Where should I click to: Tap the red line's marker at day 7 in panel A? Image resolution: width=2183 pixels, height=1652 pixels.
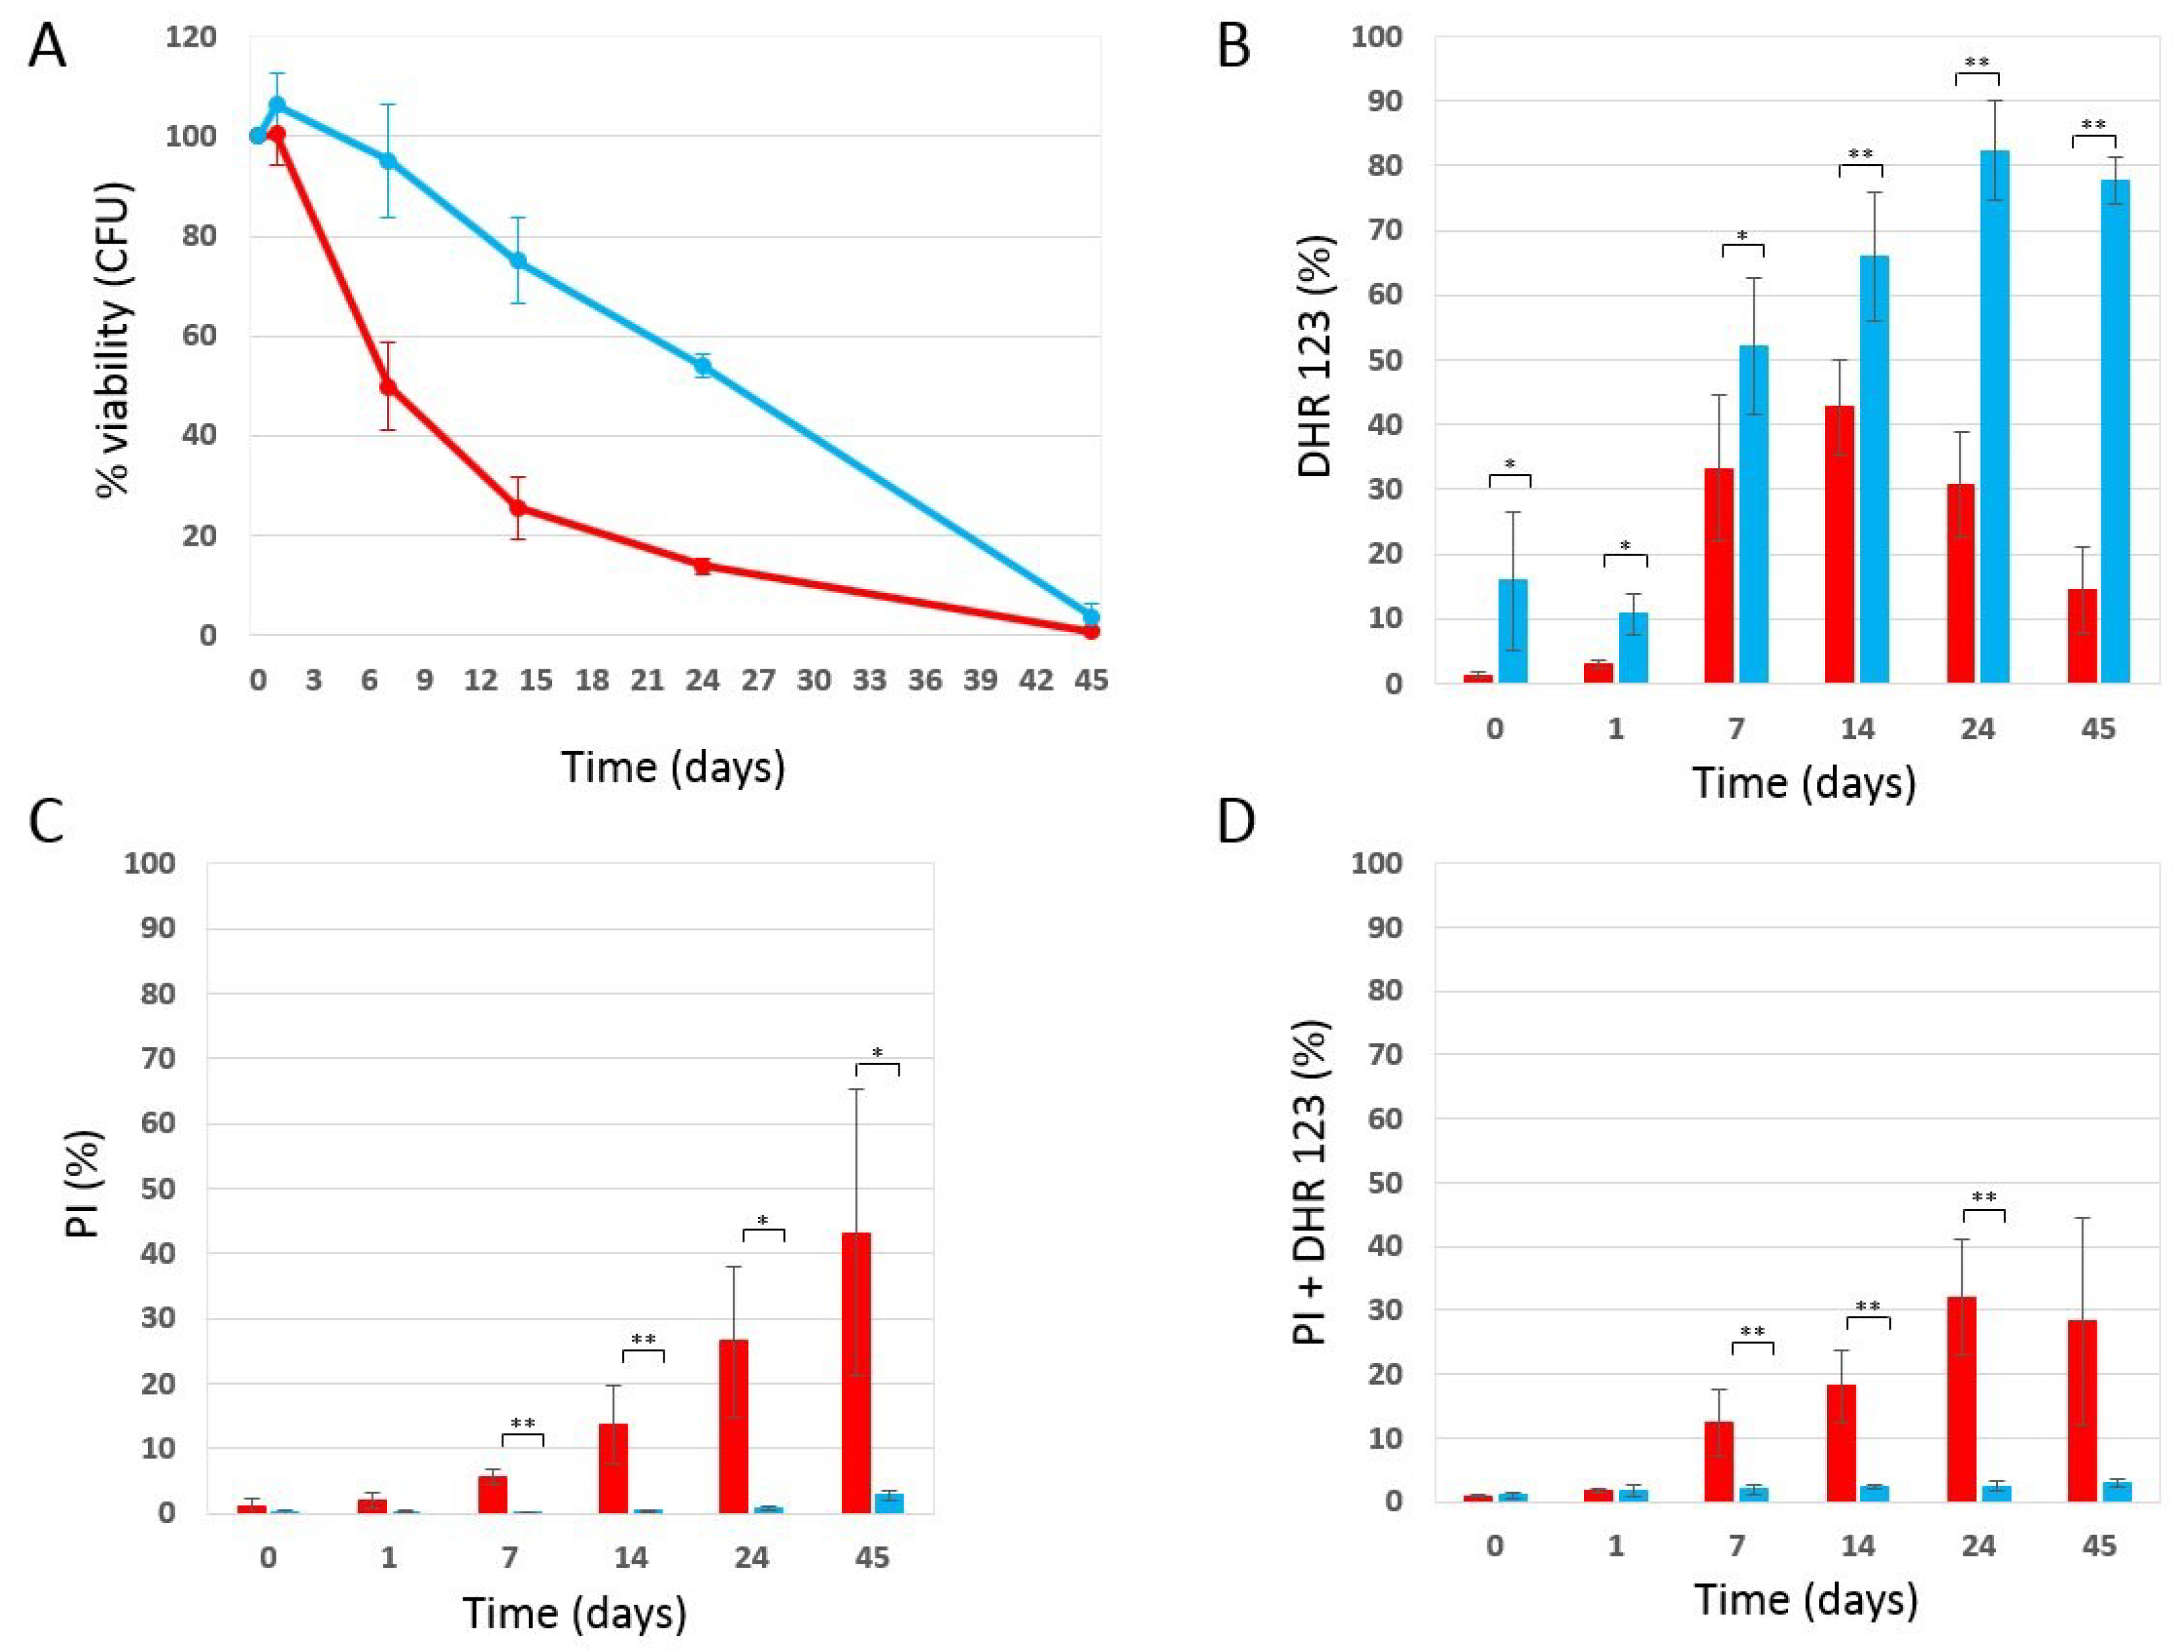point(388,387)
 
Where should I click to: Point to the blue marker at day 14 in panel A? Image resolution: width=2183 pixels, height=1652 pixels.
point(517,261)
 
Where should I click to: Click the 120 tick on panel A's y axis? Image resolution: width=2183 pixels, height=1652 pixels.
point(192,38)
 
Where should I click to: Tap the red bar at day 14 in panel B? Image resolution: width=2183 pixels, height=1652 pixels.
point(1839,544)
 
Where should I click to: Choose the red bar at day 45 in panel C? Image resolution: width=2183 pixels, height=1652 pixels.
point(856,1372)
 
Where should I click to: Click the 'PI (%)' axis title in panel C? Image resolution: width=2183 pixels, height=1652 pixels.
point(85,1183)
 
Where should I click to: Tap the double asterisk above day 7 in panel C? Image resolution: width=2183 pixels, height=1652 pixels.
point(523,1423)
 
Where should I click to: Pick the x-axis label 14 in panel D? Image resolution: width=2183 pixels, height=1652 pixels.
point(1857,1545)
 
